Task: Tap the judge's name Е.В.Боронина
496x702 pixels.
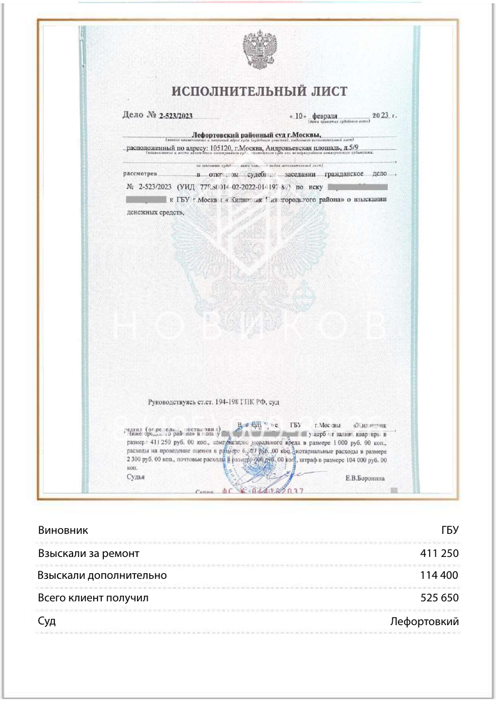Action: (365, 478)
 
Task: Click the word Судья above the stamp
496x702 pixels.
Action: (136, 477)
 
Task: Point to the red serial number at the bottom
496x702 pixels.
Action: (263, 491)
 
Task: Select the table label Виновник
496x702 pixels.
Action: (63, 530)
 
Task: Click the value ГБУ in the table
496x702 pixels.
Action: (450, 530)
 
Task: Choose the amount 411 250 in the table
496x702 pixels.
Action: (440, 553)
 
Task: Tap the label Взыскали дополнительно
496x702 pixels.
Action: (102, 575)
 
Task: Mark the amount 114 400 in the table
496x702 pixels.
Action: (440, 575)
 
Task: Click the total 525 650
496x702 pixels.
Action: (440, 598)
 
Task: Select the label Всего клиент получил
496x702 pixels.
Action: (93, 598)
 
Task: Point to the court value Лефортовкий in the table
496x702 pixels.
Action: (424, 621)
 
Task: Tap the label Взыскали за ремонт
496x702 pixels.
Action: (88, 553)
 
